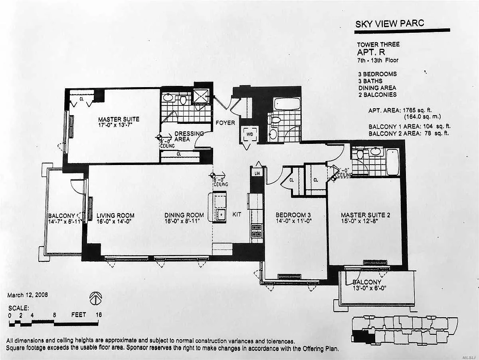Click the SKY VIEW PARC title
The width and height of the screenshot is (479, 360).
(390, 24)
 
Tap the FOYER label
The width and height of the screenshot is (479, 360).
(225, 123)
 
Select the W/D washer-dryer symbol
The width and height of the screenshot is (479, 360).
(249, 134)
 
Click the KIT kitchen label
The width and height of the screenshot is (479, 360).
(237, 214)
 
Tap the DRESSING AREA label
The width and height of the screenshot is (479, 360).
(189, 136)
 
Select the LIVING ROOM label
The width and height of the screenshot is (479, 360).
(115, 216)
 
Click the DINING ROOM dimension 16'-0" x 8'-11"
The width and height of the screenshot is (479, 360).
(182, 221)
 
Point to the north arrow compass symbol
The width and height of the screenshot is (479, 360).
(96, 298)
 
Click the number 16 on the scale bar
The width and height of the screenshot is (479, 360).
(99, 314)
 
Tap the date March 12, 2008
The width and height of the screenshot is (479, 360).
(28, 295)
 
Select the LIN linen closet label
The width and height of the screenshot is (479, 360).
(257, 173)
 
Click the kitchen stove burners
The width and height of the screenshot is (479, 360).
(256, 231)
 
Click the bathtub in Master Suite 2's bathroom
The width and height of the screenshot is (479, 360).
(393, 162)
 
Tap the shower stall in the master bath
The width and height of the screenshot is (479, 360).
(200, 97)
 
